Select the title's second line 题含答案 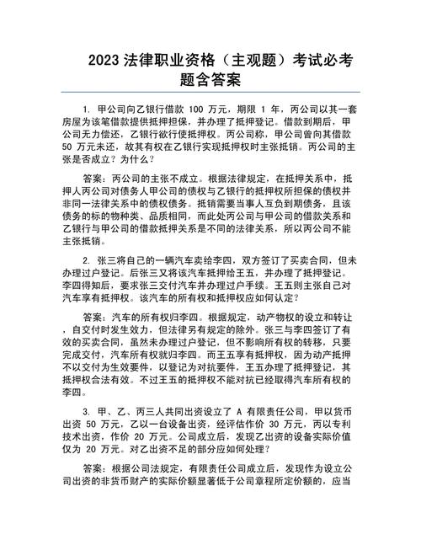210,82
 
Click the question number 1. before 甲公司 86,110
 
